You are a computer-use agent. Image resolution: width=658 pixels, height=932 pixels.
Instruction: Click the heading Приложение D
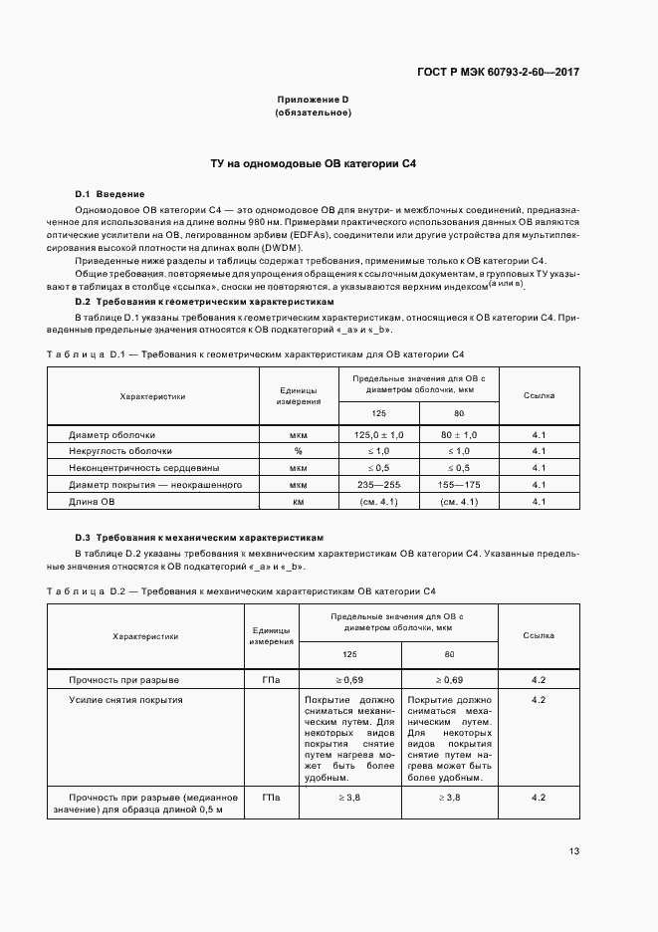tap(313, 100)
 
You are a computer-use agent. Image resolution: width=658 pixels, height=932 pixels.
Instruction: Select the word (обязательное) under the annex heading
tap(313, 113)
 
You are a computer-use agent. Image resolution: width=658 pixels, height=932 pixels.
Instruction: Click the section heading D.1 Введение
tap(110, 193)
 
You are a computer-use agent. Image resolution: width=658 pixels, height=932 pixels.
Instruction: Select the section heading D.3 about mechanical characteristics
tap(199, 536)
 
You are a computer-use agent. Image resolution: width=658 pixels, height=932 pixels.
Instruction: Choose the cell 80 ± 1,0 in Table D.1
tap(459, 435)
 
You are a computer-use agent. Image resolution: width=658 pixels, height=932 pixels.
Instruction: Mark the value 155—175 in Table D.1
tap(459, 485)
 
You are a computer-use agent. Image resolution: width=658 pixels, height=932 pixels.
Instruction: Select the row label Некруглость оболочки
tap(119, 451)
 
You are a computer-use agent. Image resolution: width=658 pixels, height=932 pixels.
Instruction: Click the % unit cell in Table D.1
tap(298, 451)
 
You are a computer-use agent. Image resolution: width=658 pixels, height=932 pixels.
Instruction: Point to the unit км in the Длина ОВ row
tap(298, 501)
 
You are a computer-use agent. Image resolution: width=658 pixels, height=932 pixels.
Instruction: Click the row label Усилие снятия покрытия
tap(125, 699)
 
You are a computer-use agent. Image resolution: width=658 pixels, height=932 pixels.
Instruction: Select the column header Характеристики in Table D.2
tap(145, 635)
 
